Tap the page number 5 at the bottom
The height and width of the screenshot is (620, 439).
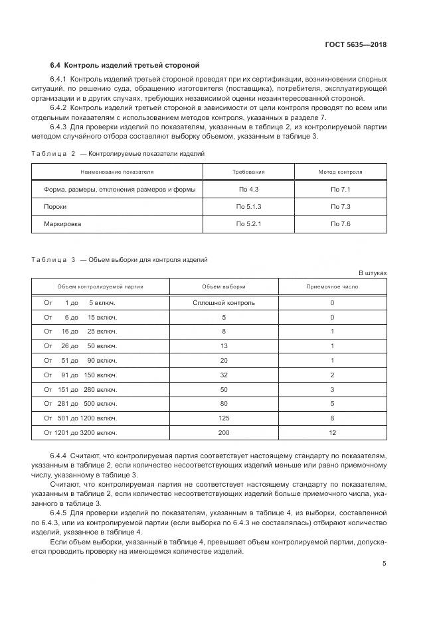click(385, 564)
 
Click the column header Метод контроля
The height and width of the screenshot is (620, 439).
click(340, 172)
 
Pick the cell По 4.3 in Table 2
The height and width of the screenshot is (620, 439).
click(248, 190)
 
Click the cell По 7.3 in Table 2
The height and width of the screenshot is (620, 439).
click(340, 207)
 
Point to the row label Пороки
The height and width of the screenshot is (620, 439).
click(55, 207)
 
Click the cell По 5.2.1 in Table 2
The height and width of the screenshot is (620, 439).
click(248, 224)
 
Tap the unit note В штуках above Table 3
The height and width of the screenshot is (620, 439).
click(372, 273)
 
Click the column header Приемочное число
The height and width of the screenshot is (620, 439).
click(331, 286)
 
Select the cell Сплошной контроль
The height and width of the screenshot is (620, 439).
click(223, 303)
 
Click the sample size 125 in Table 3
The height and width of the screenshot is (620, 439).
click(223, 418)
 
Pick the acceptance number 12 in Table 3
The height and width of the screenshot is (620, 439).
click(331, 433)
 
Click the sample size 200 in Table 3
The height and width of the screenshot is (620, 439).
click(223, 433)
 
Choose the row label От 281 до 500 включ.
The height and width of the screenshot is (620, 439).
click(80, 404)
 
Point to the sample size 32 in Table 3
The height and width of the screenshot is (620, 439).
click(223, 375)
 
